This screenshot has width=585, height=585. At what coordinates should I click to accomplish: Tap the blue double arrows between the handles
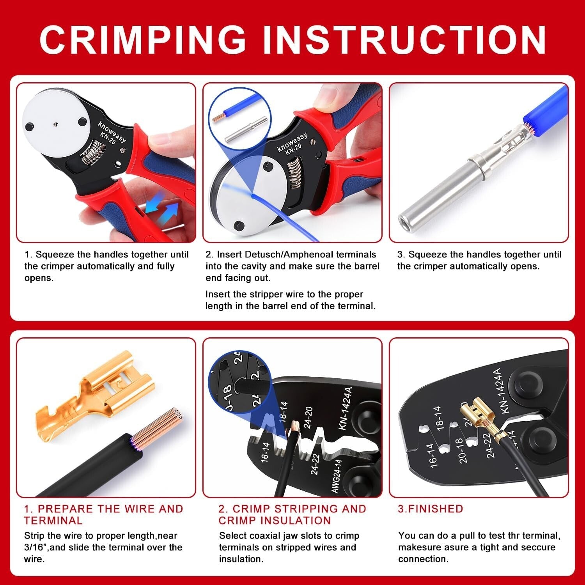(x=162, y=206)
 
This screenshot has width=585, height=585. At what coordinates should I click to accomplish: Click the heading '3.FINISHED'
(x=430, y=509)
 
